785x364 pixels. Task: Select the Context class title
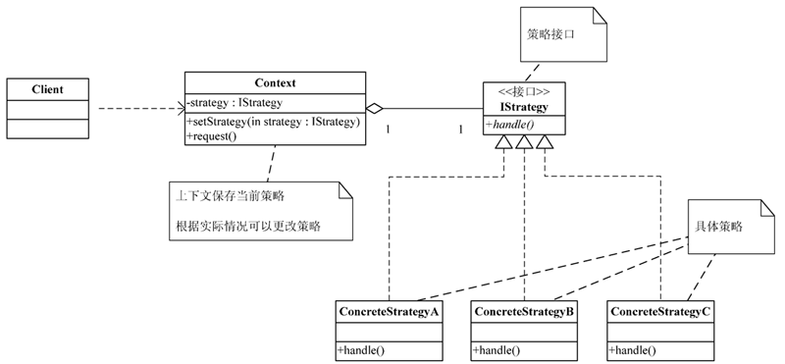pos(275,83)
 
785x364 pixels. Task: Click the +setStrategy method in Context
pos(275,123)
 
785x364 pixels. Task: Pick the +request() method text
pos(213,136)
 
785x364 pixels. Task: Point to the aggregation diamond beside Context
pos(373,108)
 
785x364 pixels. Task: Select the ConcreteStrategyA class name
pos(389,311)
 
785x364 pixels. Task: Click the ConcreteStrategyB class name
pos(524,311)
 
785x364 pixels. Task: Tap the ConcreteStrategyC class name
pos(660,311)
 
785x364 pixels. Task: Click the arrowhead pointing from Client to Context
pos(179,108)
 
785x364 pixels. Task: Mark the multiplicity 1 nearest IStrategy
pos(460,130)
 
